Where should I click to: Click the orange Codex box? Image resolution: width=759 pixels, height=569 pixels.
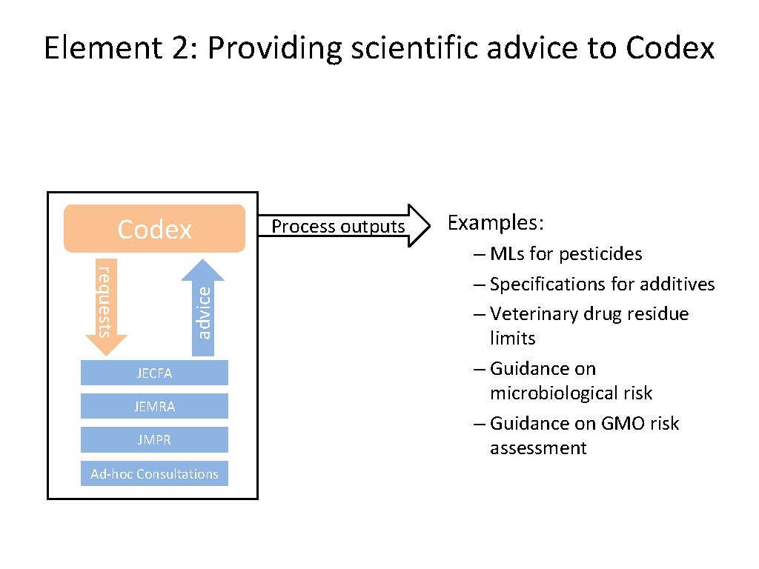click(x=154, y=229)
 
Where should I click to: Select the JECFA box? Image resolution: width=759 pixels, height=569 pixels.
click(x=154, y=373)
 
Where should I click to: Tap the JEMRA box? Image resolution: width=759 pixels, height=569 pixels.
click(x=154, y=407)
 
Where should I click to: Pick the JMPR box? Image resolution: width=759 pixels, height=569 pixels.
click(x=154, y=440)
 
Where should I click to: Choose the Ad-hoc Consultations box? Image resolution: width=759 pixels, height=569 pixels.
click(x=154, y=474)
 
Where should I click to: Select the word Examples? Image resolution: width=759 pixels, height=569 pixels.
click(x=496, y=223)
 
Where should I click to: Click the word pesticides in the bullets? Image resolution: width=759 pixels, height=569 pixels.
click(x=601, y=254)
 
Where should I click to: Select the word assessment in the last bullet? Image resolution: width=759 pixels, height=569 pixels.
click(x=538, y=448)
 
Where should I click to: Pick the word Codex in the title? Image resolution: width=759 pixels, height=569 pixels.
click(x=670, y=49)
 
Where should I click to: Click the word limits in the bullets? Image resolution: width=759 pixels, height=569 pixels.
click(x=512, y=339)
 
